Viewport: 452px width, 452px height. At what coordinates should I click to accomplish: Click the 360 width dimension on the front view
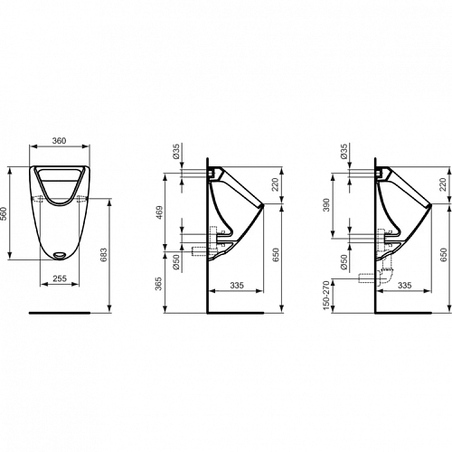59,140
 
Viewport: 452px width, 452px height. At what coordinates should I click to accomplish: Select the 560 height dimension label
4,213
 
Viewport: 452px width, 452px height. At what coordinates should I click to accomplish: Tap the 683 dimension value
103,255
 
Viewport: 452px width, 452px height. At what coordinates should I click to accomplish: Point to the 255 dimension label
60,278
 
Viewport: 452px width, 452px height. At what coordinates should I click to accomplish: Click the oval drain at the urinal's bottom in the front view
60,255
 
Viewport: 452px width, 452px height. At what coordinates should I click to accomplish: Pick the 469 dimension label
159,212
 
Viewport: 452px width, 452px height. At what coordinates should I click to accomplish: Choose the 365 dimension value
159,284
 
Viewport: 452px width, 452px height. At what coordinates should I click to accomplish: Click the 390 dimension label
327,205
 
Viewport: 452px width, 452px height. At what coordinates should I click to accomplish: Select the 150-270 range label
326,296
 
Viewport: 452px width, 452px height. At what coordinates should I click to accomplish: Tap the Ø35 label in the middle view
176,151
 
